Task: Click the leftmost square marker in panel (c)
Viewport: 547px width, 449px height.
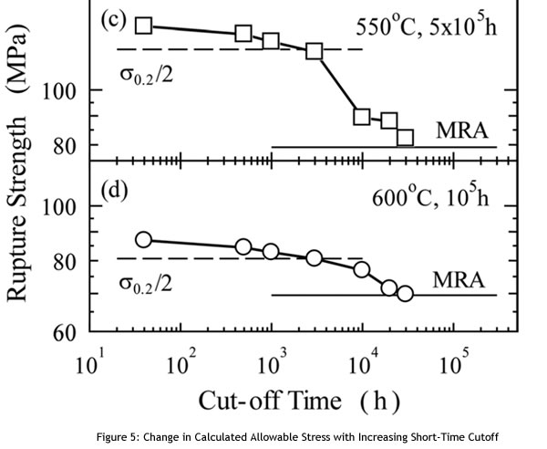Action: tap(143, 26)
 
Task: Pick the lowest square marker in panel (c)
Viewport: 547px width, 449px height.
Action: tap(405, 138)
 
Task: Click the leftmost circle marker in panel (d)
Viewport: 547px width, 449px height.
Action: tap(143, 239)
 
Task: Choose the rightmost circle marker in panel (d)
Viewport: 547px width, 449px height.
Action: tap(405, 293)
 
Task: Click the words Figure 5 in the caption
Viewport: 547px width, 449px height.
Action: tap(176, 434)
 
